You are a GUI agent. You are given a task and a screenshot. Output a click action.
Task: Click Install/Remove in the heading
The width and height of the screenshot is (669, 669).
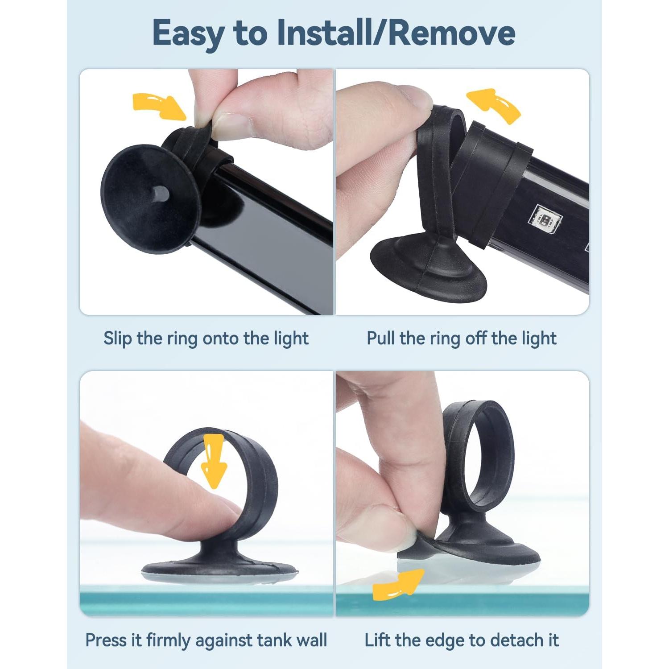click(x=396, y=33)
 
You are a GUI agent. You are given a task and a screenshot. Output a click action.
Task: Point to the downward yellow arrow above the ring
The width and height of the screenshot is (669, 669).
click(x=214, y=462)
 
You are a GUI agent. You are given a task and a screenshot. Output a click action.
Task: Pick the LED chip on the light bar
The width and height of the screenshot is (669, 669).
click(x=545, y=219)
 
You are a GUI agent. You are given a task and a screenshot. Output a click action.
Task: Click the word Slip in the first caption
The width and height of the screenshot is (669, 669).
click(x=117, y=338)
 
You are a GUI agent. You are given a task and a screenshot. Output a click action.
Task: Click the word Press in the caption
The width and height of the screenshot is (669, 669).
click(x=105, y=640)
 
